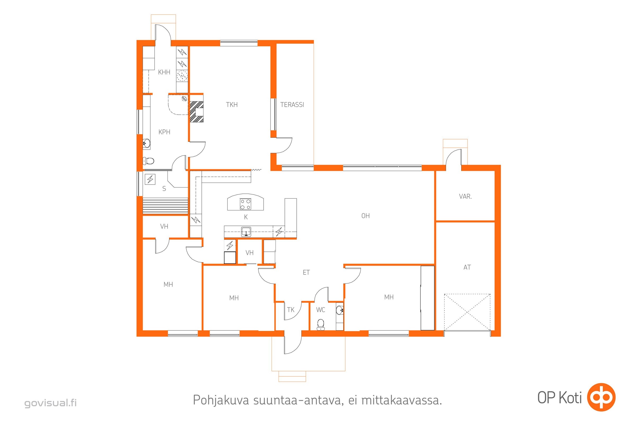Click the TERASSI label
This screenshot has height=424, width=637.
[x=292, y=105]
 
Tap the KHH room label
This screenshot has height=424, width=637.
[x=164, y=72]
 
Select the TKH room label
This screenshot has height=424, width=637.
[x=232, y=105]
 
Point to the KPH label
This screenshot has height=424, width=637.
[x=164, y=132]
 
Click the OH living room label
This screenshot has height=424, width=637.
[x=365, y=216]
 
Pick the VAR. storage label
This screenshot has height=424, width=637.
[x=465, y=197]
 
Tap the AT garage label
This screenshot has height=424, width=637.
[x=467, y=267]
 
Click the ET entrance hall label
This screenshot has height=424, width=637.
[x=306, y=273]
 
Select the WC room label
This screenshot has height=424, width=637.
[x=321, y=310]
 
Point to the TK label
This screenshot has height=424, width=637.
[x=291, y=310]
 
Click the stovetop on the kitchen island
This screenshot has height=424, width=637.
[x=246, y=204]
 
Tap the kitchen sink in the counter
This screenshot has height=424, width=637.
[x=246, y=232]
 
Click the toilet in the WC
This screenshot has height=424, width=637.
[x=321, y=324]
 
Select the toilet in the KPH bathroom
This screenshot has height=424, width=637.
[x=148, y=161]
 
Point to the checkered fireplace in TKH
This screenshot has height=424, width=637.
[x=197, y=111]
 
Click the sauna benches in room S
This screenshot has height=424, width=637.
[x=165, y=206]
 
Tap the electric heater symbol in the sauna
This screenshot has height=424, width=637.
[x=150, y=179]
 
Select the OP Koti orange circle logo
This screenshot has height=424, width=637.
[x=602, y=397]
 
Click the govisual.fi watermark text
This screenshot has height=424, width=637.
[x=51, y=403]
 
